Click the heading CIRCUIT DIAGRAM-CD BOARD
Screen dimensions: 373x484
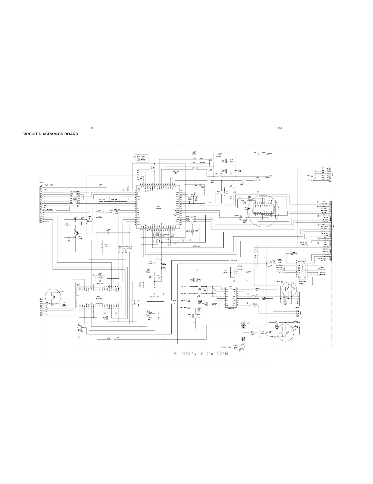tap(50, 134)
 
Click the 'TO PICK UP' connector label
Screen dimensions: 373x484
tap(46, 185)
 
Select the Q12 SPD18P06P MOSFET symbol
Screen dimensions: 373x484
tap(244, 327)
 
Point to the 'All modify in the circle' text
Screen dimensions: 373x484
tap(201, 353)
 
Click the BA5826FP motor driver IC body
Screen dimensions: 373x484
tap(99, 297)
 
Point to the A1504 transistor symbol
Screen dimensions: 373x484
tap(76, 233)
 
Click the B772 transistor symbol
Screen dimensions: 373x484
tap(149, 313)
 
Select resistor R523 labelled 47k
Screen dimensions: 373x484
tap(112, 339)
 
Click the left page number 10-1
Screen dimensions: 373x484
tap(93, 128)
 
